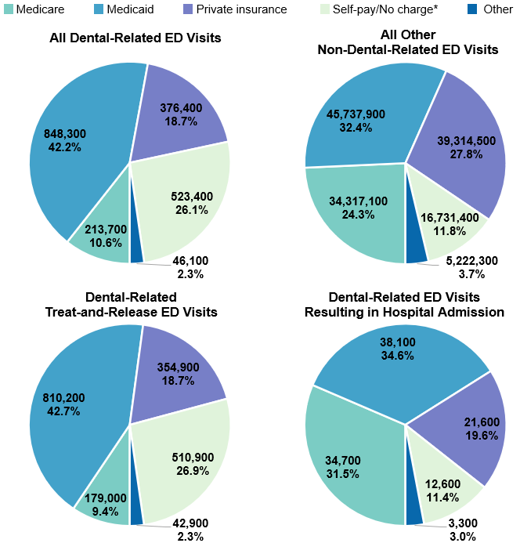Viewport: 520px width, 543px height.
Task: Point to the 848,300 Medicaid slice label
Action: pos(65,140)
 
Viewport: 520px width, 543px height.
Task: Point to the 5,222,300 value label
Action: pos(471,267)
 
